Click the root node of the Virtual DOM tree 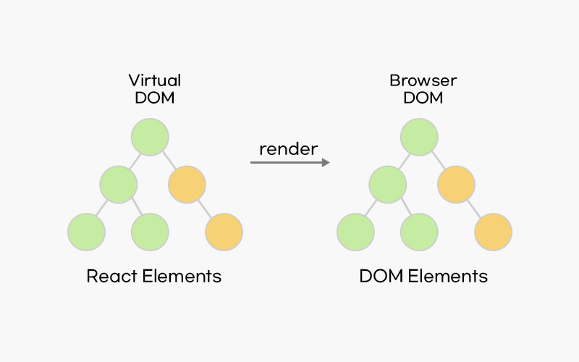[x=150, y=137]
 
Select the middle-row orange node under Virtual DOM [x=187, y=185]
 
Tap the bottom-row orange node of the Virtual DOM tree [x=224, y=232]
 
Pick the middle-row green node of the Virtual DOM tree [x=118, y=185]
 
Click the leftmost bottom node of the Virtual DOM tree [x=86, y=232]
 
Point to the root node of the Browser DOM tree [x=419, y=137]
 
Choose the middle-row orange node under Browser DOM [x=456, y=185]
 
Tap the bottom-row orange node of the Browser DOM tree [x=494, y=232]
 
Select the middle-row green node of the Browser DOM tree [x=387, y=185]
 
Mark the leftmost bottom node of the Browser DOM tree [x=355, y=232]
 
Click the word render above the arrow [x=288, y=148]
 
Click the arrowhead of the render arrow [x=325, y=163]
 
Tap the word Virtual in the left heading [x=154, y=80]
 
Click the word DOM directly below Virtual [x=154, y=98]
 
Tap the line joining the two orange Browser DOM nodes [x=475, y=209]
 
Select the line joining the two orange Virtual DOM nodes [x=206, y=209]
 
